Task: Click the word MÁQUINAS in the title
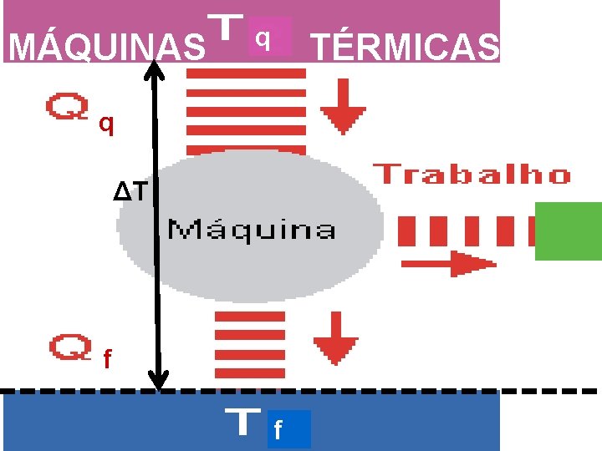pyautogui.click(x=106, y=48)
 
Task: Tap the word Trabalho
pyautogui.click(x=474, y=175)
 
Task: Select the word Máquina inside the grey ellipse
pyautogui.click(x=253, y=229)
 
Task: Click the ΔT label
pyautogui.click(x=132, y=192)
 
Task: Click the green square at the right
pyautogui.click(x=568, y=231)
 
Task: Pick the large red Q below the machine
pyautogui.click(x=69, y=347)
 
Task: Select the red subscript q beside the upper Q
pyautogui.click(x=105, y=125)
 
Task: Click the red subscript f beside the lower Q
pyautogui.click(x=106, y=360)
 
